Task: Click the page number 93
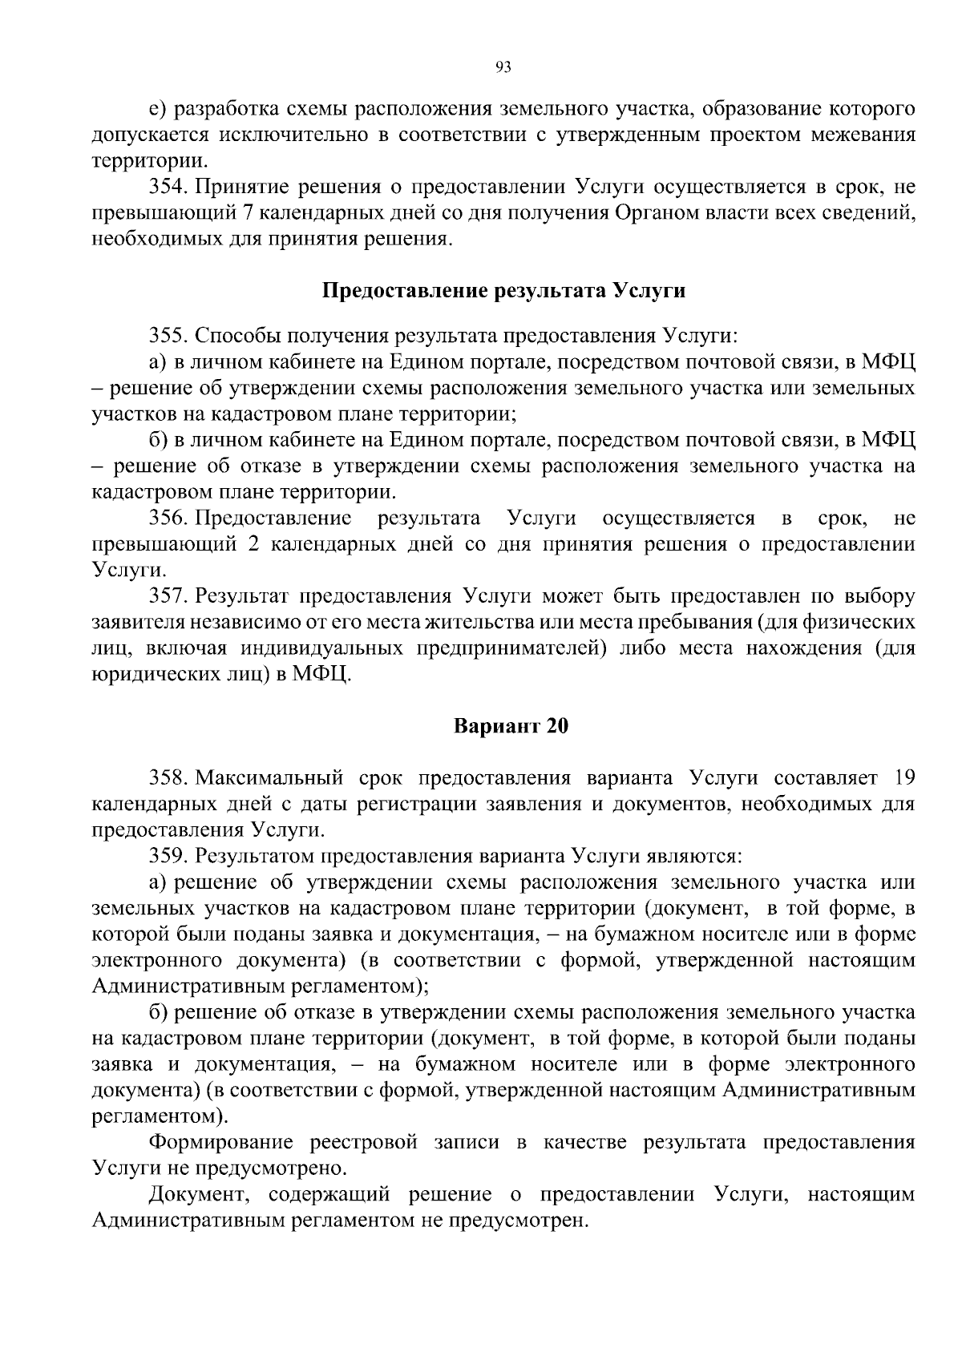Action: click(x=503, y=68)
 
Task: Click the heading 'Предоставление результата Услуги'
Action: click(x=503, y=290)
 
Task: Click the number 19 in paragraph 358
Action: click(x=903, y=777)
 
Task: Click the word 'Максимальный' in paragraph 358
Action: click(x=270, y=777)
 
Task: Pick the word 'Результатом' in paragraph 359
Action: click(x=256, y=856)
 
